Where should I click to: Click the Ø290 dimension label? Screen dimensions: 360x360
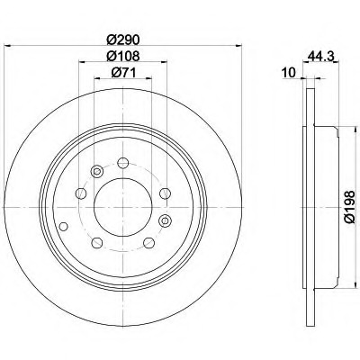(x=123, y=40)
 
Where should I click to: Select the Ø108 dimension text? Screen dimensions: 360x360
(x=123, y=56)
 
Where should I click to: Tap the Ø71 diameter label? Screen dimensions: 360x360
(x=123, y=72)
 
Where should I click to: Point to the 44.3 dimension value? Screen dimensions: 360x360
(x=321, y=56)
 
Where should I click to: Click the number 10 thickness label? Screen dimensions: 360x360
(x=289, y=72)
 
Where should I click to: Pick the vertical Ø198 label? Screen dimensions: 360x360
(x=350, y=206)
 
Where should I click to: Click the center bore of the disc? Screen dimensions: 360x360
(x=123, y=207)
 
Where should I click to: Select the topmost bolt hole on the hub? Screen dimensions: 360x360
(x=123, y=163)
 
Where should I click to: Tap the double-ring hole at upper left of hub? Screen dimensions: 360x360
(x=97, y=172)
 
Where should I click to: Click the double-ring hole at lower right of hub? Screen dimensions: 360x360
(x=165, y=221)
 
